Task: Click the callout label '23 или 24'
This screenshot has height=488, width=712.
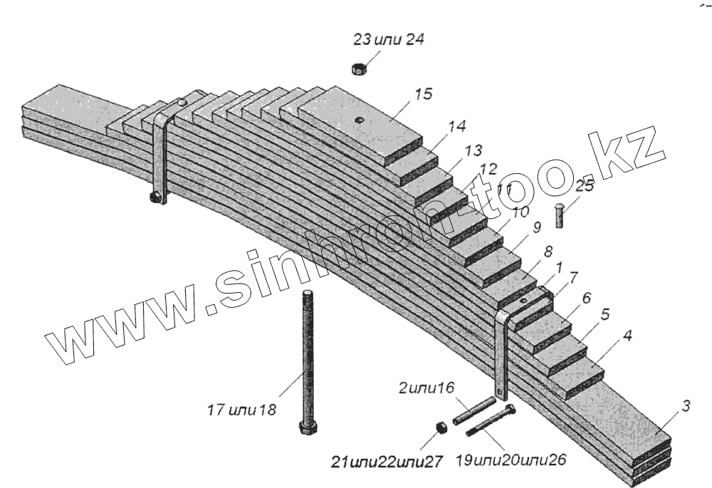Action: click(x=388, y=40)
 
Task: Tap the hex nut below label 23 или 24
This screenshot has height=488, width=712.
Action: click(x=359, y=68)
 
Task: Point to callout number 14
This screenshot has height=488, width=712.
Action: click(x=456, y=126)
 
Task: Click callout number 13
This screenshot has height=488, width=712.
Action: click(x=473, y=150)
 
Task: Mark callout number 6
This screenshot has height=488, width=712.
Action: click(x=586, y=297)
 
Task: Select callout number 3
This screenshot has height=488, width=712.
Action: click(x=684, y=407)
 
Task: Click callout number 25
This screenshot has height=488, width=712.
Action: click(x=585, y=186)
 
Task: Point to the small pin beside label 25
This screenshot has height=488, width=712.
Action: click(x=560, y=215)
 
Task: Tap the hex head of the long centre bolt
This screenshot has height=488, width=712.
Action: click(x=307, y=430)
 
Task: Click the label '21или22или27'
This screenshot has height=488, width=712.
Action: click(x=386, y=462)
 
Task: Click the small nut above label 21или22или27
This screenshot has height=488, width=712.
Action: click(x=440, y=427)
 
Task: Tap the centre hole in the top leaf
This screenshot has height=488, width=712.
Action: click(x=360, y=120)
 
